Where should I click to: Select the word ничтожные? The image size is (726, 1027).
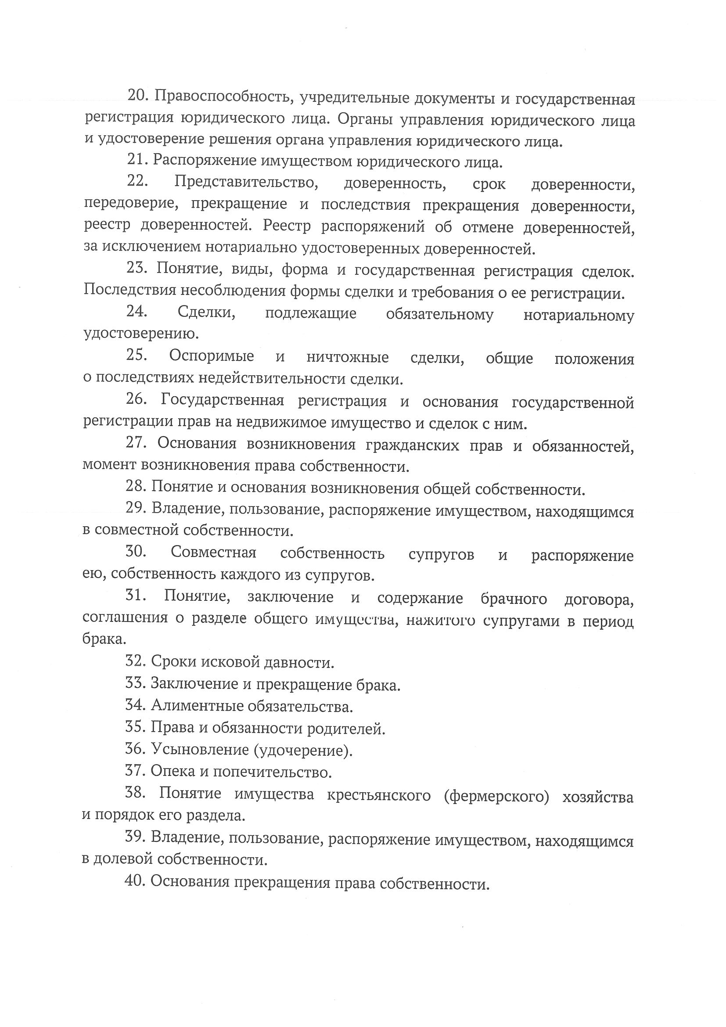click(348, 357)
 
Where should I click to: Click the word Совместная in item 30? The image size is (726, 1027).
click(213, 553)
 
